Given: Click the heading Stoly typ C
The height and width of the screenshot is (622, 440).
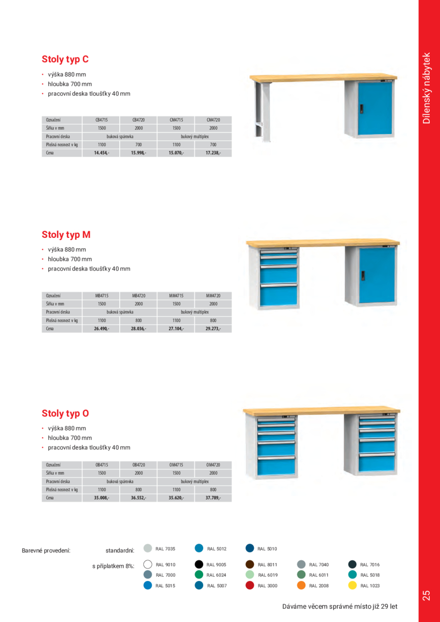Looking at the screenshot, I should pyautogui.click(x=65, y=59).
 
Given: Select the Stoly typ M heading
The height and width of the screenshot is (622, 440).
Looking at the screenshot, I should pyautogui.click(x=66, y=235).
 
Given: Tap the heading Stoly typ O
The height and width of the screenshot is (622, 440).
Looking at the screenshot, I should pyautogui.click(x=65, y=413).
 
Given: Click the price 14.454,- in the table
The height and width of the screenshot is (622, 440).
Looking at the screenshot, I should pyautogui.click(x=101, y=153).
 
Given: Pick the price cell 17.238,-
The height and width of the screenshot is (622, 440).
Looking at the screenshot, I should pyautogui.click(x=213, y=153).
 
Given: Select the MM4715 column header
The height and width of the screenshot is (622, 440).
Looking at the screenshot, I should pyautogui.click(x=176, y=296).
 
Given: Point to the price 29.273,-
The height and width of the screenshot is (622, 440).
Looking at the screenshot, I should pyautogui.click(x=213, y=329).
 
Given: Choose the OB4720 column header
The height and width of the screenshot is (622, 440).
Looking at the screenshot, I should pyautogui.click(x=139, y=465).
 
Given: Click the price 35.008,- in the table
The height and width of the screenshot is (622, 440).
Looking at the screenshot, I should pyautogui.click(x=101, y=498).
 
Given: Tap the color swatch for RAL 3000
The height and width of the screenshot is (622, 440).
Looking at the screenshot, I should pyautogui.click(x=250, y=586).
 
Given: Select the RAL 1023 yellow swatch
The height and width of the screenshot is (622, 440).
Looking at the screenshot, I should pyautogui.click(x=352, y=586).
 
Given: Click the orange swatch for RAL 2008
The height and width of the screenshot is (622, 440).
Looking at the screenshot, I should pyautogui.click(x=301, y=586).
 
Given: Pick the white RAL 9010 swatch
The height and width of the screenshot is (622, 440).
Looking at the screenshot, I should pyautogui.click(x=148, y=565).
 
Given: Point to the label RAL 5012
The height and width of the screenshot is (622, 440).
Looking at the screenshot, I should pyautogui.click(x=217, y=549).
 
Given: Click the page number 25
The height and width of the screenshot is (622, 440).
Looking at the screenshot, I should pyautogui.click(x=427, y=595).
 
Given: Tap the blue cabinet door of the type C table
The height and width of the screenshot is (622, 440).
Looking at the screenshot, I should pyautogui.click(x=375, y=108).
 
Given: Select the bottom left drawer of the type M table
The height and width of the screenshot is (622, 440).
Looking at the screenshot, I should pyautogui.click(x=279, y=295).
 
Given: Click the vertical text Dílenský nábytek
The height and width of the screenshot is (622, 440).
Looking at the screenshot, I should pyautogui.click(x=428, y=88).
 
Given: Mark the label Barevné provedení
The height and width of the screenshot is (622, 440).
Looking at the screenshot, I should pyautogui.click(x=46, y=551).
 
